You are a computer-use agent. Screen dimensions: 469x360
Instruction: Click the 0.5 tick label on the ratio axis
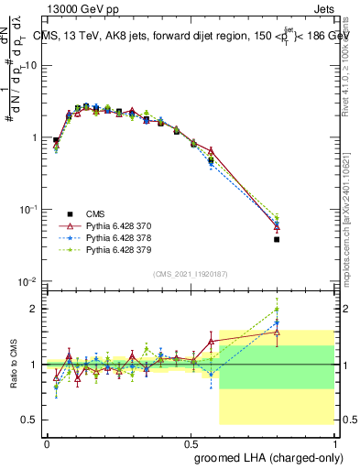pos(29,420)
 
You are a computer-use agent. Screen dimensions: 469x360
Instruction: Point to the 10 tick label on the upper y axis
pos(29,66)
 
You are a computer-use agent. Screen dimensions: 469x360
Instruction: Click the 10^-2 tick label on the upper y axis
pos(27,281)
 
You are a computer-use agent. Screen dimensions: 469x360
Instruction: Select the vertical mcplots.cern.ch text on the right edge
pos(351,220)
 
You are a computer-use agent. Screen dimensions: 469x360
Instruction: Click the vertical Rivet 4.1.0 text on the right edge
pos(351,64)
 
